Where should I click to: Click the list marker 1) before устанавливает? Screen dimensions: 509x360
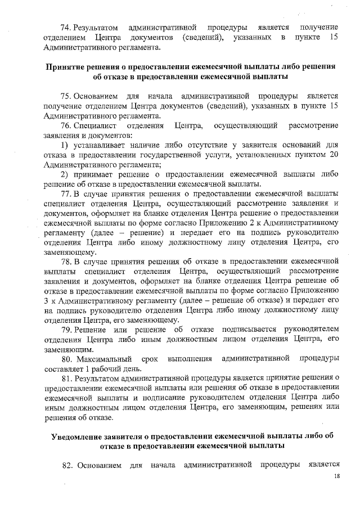point(64,144)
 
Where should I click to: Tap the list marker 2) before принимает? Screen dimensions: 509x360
point(64,174)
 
